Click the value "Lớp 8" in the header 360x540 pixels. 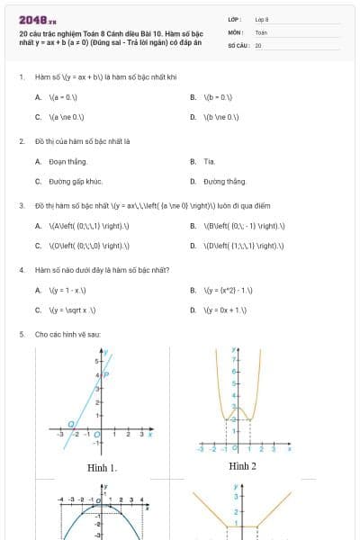pyautogui.click(x=262, y=19)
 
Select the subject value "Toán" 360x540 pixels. pyautogui.click(x=261, y=31)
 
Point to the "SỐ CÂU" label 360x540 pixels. pyautogui.click(x=238, y=44)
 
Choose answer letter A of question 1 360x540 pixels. pyautogui.click(x=39, y=96)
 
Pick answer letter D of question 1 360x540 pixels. pyautogui.click(x=193, y=117)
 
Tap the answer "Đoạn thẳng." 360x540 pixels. pyautogui.click(x=67, y=161)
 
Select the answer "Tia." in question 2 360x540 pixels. pyautogui.click(x=209, y=161)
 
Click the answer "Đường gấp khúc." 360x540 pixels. pyautogui.click(x=75, y=181)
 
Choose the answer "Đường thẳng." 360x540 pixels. pyautogui.click(x=224, y=181)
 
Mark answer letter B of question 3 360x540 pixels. pyautogui.click(x=193, y=225)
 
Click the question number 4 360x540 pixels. pyautogui.click(x=21, y=269)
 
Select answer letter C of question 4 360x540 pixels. pyautogui.click(x=39, y=310)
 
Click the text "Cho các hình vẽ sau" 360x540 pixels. pyautogui.click(x=62, y=334)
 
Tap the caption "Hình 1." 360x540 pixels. pyautogui.click(x=102, y=467)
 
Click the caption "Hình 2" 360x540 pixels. pyautogui.click(x=242, y=465)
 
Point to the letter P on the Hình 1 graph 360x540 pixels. pyautogui.click(x=107, y=373)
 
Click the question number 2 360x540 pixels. pyautogui.click(x=21, y=140)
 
